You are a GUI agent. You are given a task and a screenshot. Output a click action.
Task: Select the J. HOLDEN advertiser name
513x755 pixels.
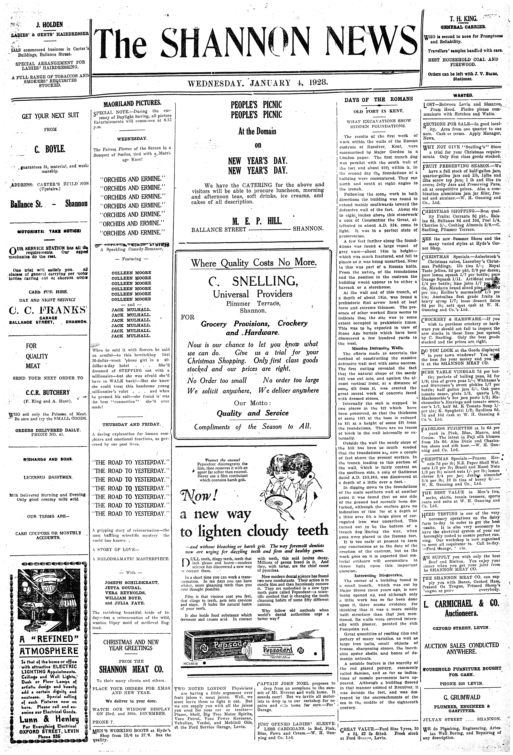(49, 25)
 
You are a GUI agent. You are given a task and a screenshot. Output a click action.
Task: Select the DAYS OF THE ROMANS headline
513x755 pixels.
(378, 99)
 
